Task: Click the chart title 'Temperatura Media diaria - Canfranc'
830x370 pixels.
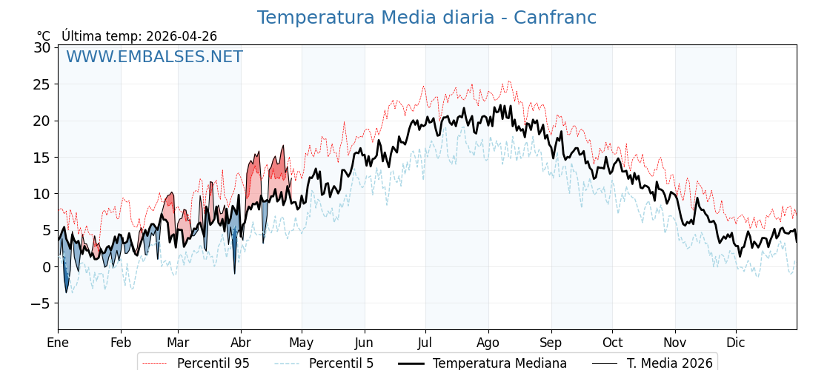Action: pyautogui.click(x=426, y=18)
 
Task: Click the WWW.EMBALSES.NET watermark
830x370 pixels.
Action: pyautogui.click(x=154, y=57)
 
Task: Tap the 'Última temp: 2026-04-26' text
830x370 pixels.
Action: pyautogui.click(x=139, y=36)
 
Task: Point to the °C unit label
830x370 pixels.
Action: pyautogui.click(x=44, y=36)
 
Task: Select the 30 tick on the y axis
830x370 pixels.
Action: pyautogui.click(x=42, y=48)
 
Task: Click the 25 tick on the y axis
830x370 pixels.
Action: pyautogui.click(x=42, y=84)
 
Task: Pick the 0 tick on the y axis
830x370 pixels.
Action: pyautogui.click(x=46, y=267)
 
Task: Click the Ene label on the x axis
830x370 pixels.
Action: pyautogui.click(x=58, y=343)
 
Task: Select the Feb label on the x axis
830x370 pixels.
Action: pyautogui.click(x=121, y=343)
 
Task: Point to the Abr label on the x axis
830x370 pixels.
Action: pyautogui.click(x=241, y=343)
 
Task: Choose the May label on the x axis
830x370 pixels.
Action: pyautogui.click(x=302, y=343)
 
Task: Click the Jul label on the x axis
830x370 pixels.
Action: pyautogui.click(x=425, y=343)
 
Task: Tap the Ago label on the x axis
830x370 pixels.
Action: pyautogui.click(x=488, y=343)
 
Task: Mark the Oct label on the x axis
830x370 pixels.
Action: pyautogui.click(x=612, y=343)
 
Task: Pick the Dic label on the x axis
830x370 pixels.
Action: pyautogui.click(x=736, y=343)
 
